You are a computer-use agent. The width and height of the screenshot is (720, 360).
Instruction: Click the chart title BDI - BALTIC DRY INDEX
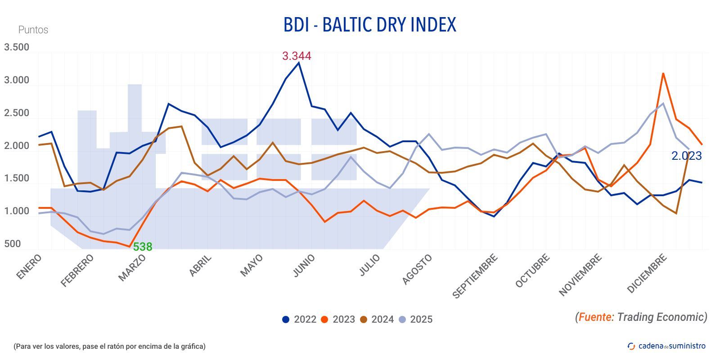tap(369, 25)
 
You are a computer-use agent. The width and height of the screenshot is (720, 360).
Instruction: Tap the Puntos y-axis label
tap(33, 30)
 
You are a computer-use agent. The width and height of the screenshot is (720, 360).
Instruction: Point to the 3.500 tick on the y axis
tap(17, 47)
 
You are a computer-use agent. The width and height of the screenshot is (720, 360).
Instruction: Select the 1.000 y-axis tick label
tap(17, 211)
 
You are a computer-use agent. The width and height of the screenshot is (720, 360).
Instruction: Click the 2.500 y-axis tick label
tap(17, 113)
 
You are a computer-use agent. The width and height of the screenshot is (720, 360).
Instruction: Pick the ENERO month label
tap(29, 267)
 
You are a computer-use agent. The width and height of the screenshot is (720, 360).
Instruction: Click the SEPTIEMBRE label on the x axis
tap(475, 276)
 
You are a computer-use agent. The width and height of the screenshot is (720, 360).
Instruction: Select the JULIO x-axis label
tap(370, 265)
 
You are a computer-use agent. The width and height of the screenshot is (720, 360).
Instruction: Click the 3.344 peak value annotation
tap(297, 56)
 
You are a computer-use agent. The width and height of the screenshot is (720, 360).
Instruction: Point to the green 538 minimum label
tap(143, 247)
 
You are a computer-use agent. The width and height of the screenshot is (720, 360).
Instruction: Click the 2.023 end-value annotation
tap(686, 156)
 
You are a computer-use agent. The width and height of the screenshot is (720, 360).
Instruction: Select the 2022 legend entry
tap(299, 319)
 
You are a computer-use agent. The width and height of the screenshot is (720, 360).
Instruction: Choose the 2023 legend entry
tap(338, 319)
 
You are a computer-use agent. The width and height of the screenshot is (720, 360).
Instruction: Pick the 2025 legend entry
tap(415, 319)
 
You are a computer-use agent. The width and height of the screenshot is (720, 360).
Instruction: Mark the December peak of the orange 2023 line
tap(663, 73)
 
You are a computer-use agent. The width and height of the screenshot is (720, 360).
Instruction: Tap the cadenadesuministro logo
tap(666, 346)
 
